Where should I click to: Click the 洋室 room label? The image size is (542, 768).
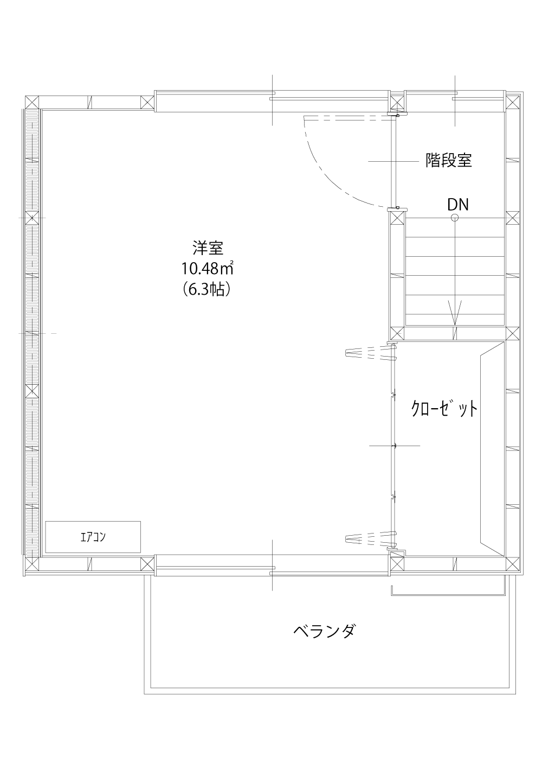pos(208,248)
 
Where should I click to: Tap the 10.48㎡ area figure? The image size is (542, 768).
pos(207,269)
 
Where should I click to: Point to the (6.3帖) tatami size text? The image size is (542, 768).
pos(207,289)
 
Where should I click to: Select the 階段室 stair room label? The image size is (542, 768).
pos(449,160)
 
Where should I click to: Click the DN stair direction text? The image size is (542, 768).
pos(458,205)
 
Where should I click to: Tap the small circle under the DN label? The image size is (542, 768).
pos(455,217)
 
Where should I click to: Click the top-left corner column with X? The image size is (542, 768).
pos(32,103)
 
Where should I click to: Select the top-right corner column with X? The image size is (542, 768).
pos(513,103)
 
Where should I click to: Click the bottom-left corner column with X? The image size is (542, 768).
pos(32,564)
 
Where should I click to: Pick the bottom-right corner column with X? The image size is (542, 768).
pos(513,564)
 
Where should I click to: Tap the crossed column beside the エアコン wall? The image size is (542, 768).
pos(147,564)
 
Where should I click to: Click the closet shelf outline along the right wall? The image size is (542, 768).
pos(492,449)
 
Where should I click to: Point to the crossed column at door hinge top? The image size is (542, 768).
pos(397,103)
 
